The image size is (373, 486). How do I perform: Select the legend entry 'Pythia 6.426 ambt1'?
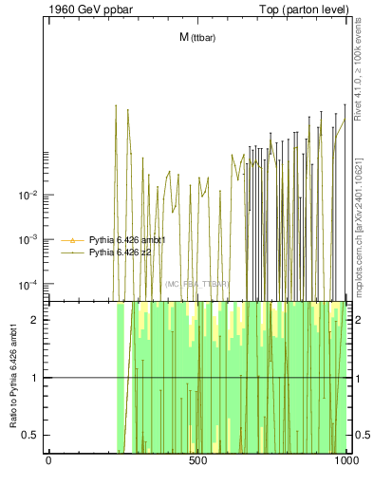click(x=127, y=241)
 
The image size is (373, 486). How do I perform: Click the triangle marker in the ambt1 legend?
click(x=72, y=241)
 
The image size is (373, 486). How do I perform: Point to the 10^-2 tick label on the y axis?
click(x=27, y=196)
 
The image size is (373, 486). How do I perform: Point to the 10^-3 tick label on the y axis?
click(x=27, y=240)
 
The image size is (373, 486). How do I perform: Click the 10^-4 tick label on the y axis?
click(x=27, y=285)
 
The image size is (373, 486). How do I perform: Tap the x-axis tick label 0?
click(x=48, y=464)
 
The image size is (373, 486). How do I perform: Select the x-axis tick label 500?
click(x=197, y=464)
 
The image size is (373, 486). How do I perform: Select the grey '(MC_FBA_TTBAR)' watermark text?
click(x=196, y=284)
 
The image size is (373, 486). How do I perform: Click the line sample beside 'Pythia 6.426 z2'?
click(x=72, y=253)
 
